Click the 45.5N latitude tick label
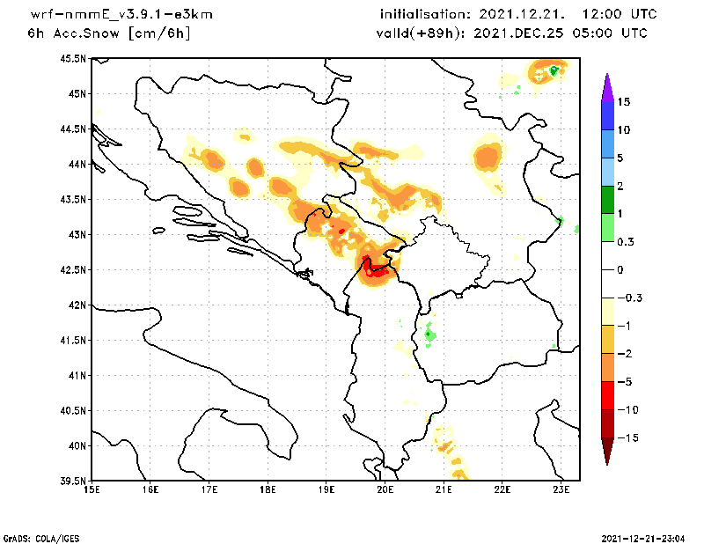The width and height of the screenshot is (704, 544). (x=73, y=59)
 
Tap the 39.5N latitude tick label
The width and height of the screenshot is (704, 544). (x=73, y=482)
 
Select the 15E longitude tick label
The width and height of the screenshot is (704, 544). (x=91, y=490)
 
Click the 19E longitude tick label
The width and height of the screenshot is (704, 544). (x=326, y=490)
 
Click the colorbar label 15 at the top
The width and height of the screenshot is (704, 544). (x=624, y=102)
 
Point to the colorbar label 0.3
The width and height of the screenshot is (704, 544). (x=626, y=241)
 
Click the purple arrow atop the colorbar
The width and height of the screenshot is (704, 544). (x=606, y=87)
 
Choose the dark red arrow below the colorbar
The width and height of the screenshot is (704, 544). (x=606, y=452)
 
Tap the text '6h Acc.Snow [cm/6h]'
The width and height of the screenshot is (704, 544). (x=109, y=33)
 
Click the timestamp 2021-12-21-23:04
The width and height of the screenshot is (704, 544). (x=645, y=537)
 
